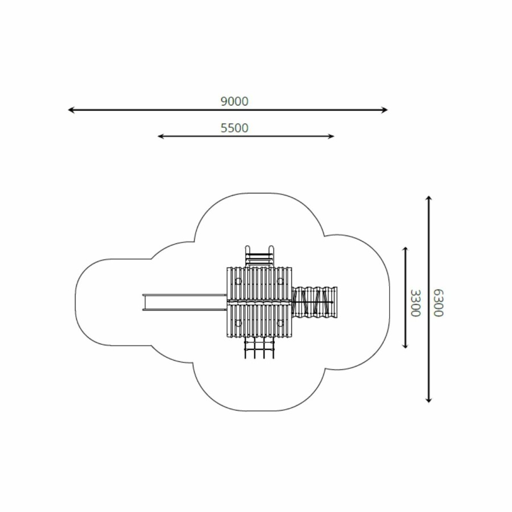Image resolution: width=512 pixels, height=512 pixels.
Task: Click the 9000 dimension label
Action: [234, 102]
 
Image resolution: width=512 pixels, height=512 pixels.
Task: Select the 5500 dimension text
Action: [234, 128]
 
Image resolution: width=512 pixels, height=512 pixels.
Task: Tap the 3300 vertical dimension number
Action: [415, 303]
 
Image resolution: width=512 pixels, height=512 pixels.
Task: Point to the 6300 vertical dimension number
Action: [439, 303]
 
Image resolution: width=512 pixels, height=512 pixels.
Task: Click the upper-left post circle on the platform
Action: [238, 281]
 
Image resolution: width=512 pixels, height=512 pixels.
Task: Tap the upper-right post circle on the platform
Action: [280, 281]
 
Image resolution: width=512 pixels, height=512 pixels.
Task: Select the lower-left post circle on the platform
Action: [238, 323]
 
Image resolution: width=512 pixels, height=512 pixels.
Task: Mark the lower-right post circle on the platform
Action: [280, 323]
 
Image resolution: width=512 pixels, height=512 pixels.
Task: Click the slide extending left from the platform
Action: [184, 302]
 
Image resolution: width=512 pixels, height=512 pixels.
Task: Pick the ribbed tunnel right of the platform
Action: [315, 302]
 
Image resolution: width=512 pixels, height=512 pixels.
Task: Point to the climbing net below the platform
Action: [259, 348]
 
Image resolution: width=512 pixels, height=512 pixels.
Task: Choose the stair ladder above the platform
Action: [259, 257]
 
